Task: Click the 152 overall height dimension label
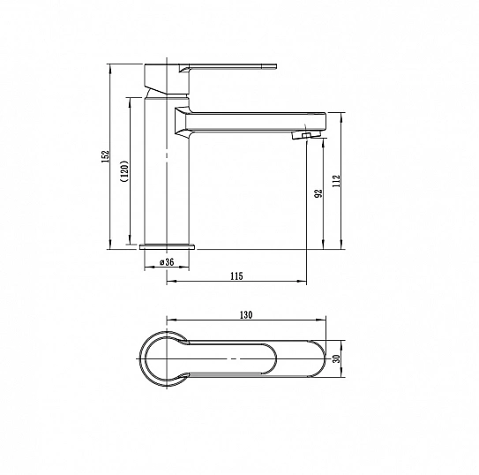105,156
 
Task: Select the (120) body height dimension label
125,171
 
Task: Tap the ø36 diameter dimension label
167,262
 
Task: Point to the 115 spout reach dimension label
236,276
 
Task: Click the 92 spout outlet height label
318,193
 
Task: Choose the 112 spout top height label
336,181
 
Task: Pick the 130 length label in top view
246,315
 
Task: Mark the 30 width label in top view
336,358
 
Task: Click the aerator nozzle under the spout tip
306,135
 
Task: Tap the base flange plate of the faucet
167,246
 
